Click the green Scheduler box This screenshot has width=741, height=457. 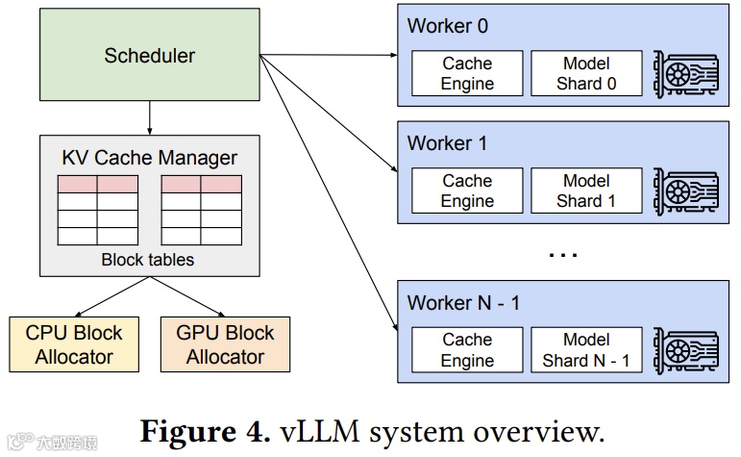coord(149,55)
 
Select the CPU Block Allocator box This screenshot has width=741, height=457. coord(74,344)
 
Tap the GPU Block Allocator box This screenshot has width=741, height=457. coord(225,344)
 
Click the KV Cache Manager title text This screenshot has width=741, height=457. coord(149,158)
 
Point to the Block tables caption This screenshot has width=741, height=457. coord(148,260)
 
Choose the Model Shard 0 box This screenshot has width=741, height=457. coord(586,74)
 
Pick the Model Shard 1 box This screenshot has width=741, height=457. coord(586,190)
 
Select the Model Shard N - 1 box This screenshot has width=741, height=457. coord(586,350)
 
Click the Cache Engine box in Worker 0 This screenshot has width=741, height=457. coord(467,74)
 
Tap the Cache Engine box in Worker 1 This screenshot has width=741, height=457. coord(467,190)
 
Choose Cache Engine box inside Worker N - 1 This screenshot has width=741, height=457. coord(467,350)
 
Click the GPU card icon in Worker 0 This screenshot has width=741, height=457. coord(685,74)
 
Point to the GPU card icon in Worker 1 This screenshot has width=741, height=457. coord(685,190)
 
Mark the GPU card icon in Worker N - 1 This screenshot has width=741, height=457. coord(685,350)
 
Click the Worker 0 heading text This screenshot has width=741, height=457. coord(448,26)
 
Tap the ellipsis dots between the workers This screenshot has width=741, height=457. coord(562,255)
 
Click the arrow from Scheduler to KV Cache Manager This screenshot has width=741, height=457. coord(149,117)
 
